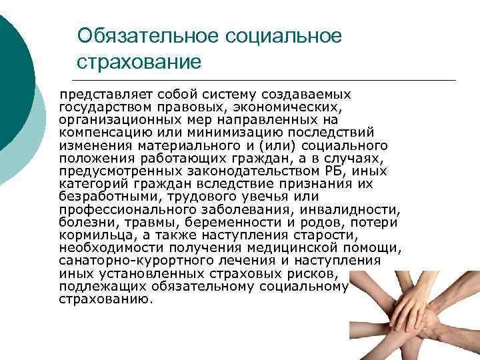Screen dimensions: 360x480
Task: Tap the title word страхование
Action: pos(139,63)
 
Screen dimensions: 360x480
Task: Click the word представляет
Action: pos(101,95)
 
